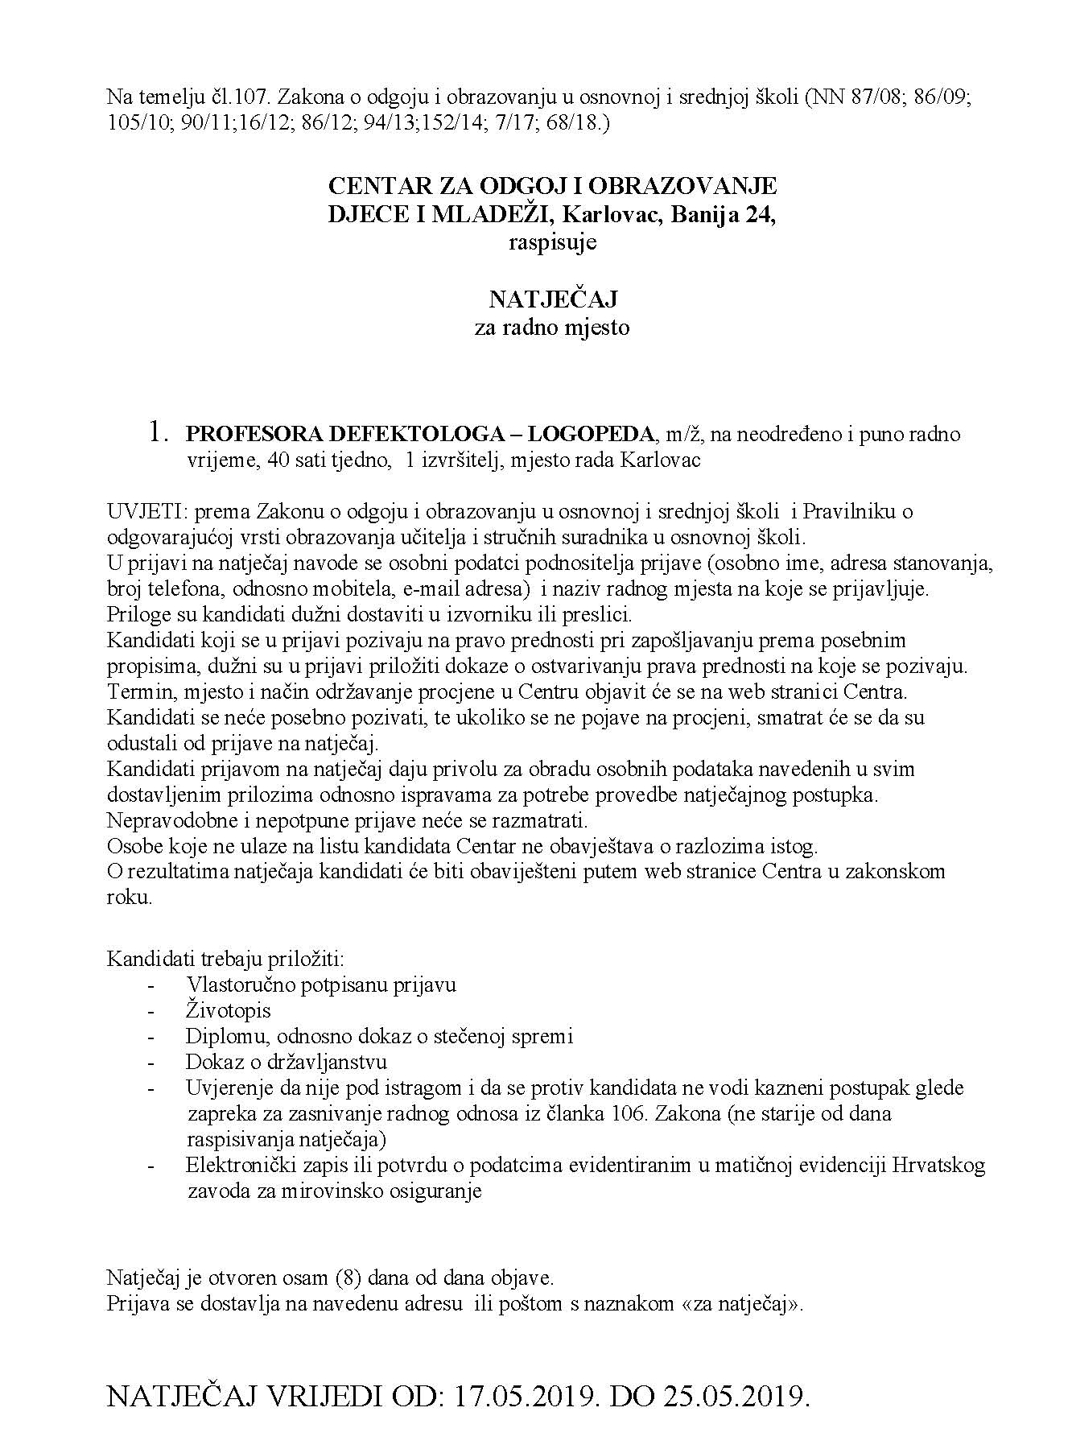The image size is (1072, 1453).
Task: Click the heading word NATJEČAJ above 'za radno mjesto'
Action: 552,299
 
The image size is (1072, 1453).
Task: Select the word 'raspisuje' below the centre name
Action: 552,242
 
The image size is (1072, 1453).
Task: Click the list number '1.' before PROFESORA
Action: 159,434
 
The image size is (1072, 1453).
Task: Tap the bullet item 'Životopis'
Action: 229,1010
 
